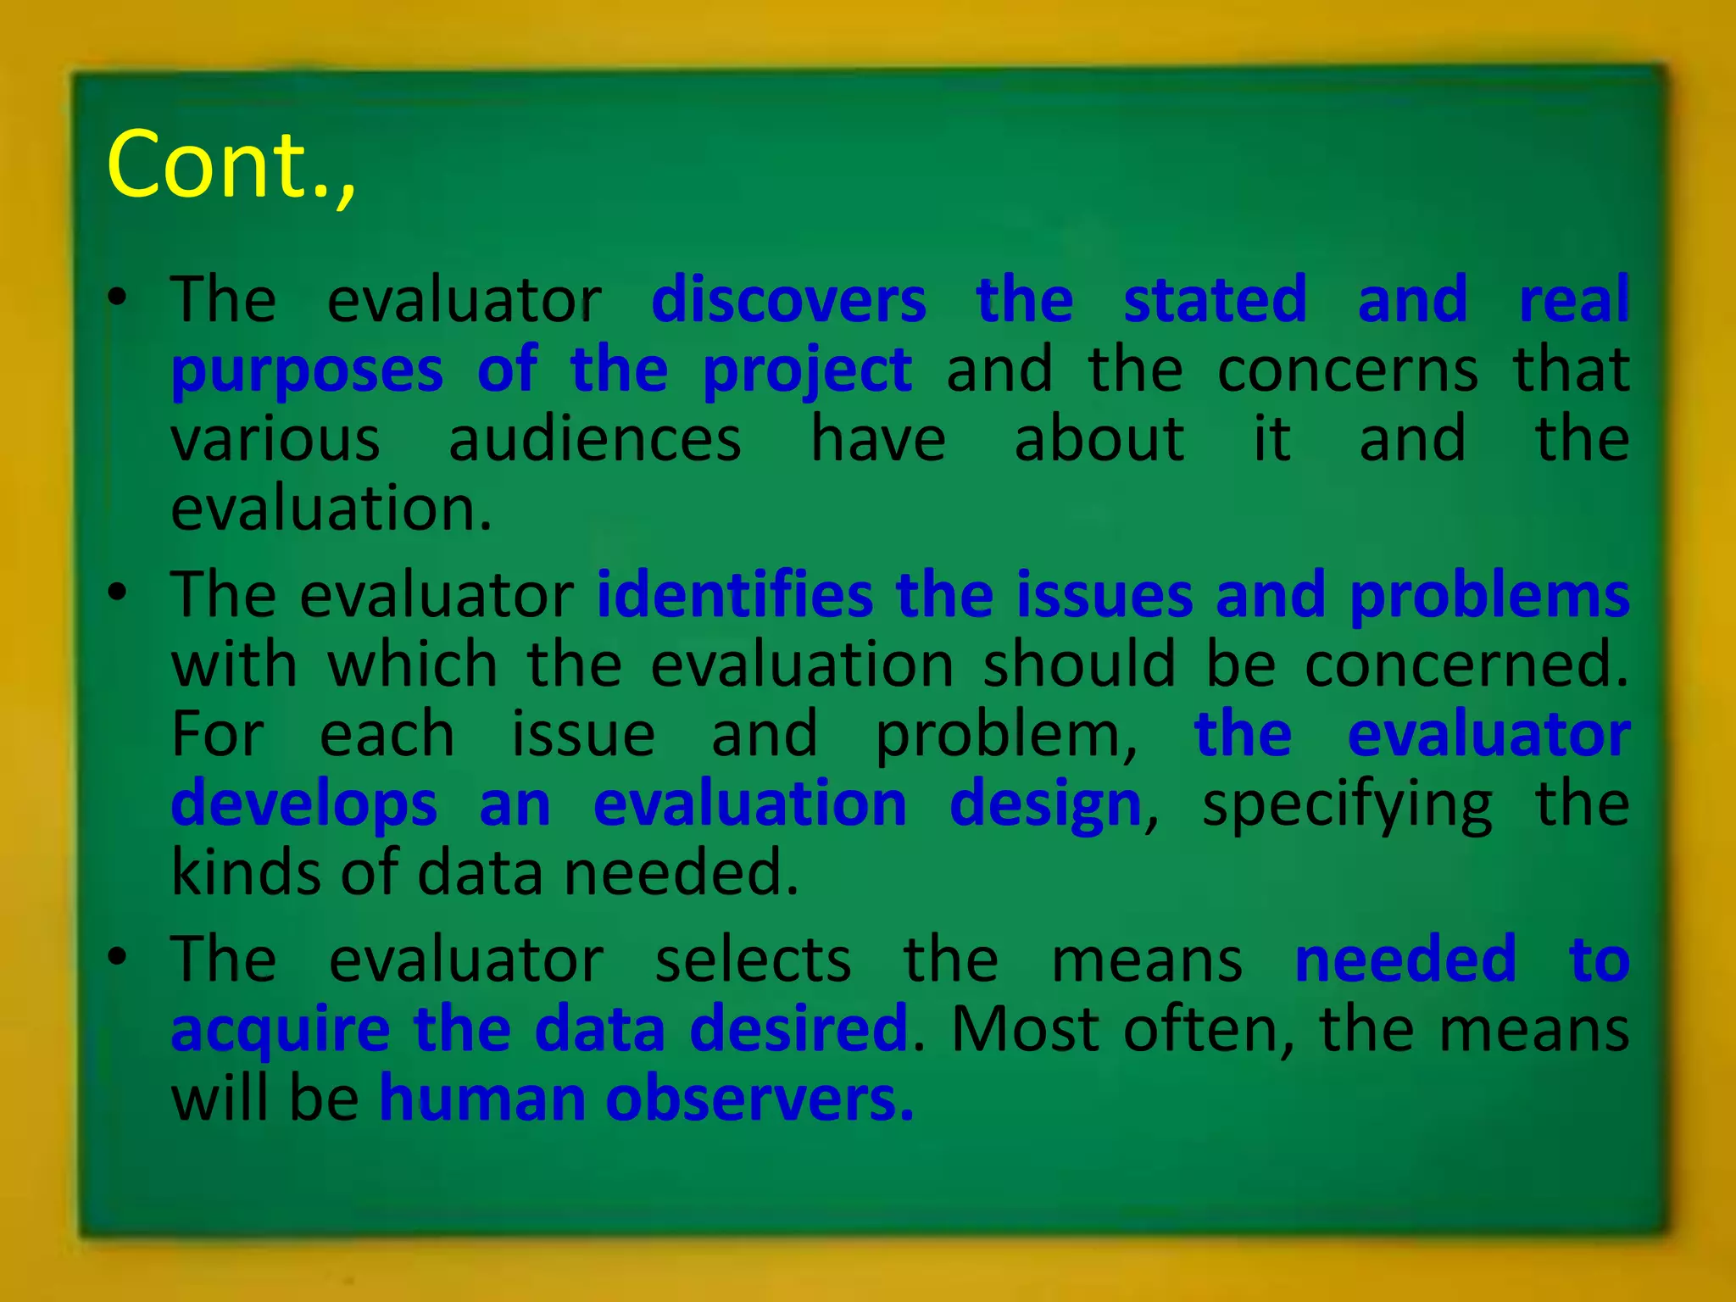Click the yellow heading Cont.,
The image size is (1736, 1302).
tap(231, 164)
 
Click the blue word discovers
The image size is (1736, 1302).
tap(788, 300)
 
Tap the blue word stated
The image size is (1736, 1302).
tap(1215, 300)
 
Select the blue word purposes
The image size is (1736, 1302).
tap(307, 371)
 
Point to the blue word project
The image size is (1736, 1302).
tap(807, 371)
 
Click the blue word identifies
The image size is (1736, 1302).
tap(734, 595)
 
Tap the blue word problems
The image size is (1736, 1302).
tap(1489, 595)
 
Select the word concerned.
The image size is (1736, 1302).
tap(1466, 665)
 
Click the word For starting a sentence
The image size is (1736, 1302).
tap(218, 734)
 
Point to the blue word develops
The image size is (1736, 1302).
tap(304, 804)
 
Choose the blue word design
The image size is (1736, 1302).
tap(1045, 804)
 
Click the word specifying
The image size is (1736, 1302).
tap(1347, 804)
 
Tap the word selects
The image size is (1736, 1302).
tap(753, 960)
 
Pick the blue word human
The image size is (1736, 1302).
tap(481, 1099)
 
